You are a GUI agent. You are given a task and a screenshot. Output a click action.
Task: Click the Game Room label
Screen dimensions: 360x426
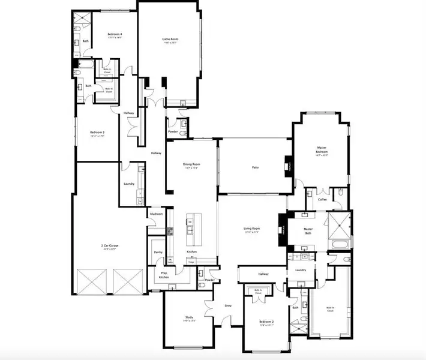coord(170,40)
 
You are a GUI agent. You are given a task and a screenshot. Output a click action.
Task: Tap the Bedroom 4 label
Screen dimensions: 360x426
coord(115,34)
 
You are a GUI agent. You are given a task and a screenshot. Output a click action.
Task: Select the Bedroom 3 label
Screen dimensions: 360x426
coord(97,133)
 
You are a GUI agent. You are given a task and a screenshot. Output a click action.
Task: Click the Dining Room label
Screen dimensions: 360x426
coord(191,165)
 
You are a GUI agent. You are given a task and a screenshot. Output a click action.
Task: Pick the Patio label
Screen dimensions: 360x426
coord(255,167)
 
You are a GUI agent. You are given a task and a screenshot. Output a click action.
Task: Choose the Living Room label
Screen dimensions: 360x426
coord(251,229)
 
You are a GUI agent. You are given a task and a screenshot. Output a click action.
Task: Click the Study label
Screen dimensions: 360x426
coord(188,317)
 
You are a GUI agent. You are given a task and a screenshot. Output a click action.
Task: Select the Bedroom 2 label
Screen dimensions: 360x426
coord(266,322)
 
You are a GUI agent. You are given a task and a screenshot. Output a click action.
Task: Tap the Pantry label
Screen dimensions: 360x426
coord(158,253)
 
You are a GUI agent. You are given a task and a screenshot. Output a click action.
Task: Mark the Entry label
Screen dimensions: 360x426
coord(228,306)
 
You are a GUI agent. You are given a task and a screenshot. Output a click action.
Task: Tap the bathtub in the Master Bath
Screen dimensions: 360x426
coord(339,244)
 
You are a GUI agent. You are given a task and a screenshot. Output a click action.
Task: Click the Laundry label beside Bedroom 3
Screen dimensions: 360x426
coord(128,184)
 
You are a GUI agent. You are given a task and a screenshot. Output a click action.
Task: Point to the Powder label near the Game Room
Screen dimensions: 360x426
coord(173,131)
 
